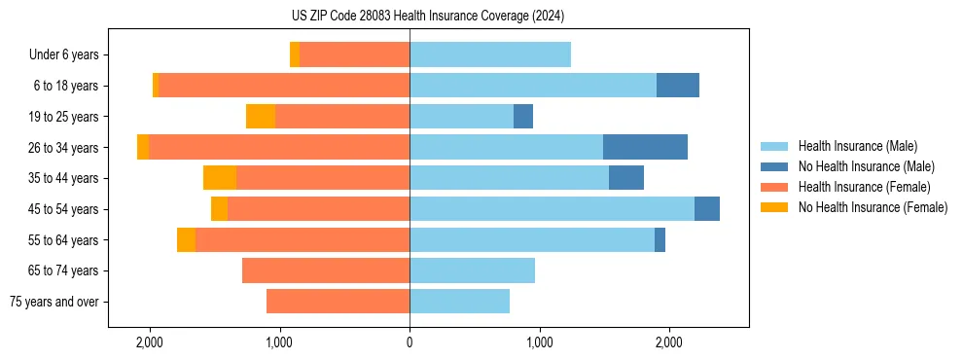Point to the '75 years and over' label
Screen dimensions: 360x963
(x=53, y=302)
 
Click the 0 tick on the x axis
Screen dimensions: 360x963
(x=410, y=342)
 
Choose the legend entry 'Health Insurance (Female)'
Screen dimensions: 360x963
(x=864, y=187)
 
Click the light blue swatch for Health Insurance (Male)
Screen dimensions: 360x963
(x=774, y=146)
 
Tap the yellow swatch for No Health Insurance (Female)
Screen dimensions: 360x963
(x=774, y=207)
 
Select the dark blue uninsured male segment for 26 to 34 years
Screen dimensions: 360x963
(x=645, y=147)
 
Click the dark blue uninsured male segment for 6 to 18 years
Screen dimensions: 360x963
(x=678, y=86)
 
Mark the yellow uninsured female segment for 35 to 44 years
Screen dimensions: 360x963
(x=220, y=178)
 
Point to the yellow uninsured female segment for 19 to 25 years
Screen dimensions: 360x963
(x=261, y=117)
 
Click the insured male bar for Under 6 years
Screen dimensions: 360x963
(x=490, y=55)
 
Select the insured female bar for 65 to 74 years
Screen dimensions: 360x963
(x=326, y=270)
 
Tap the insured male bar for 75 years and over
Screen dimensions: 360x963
(x=459, y=302)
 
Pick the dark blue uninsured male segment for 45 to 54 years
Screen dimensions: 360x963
(x=707, y=209)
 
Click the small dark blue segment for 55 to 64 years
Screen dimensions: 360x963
(x=660, y=239)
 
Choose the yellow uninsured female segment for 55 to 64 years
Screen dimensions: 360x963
(x=186, y=239)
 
